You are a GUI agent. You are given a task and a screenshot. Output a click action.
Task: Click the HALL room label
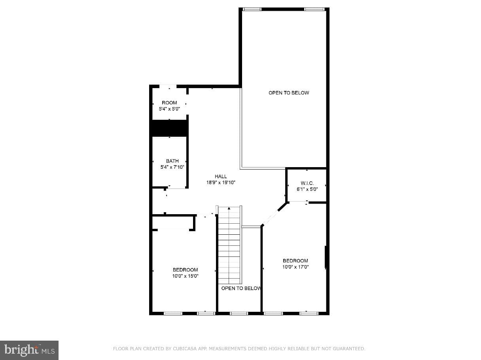pos(221,176)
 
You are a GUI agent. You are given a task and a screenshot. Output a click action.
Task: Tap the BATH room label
pos(172,161)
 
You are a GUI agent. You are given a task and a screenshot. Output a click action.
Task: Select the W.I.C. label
pos(307,183)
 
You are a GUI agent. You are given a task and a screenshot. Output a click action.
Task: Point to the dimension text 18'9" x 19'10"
pos(221,183)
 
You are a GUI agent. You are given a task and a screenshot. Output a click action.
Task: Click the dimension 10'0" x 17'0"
pos(295,267)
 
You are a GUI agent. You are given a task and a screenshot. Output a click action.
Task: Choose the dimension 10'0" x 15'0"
pos(185,276)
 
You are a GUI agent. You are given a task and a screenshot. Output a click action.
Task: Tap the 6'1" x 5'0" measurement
pos(307,189)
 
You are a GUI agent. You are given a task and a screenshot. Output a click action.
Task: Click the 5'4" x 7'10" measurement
pos(172,167)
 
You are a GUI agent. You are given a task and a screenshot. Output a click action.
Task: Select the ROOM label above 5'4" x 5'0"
pos(169,103)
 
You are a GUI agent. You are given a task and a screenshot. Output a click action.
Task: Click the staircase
pos(229,245)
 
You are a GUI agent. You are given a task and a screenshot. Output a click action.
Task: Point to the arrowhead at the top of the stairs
pos(229,208)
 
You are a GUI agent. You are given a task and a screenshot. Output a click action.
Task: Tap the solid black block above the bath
pos(170,128)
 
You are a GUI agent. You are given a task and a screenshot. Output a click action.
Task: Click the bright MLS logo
pos(29,350)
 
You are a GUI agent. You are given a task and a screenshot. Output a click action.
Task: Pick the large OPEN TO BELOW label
pos(289,93)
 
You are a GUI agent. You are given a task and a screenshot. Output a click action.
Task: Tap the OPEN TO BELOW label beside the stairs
pos(241,288)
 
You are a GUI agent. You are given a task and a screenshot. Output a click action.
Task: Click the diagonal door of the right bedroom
pos(271,217)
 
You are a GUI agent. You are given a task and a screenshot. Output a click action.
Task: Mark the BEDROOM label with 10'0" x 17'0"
pos(295,261)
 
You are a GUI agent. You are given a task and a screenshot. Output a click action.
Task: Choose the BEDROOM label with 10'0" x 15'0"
pos(185,270)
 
